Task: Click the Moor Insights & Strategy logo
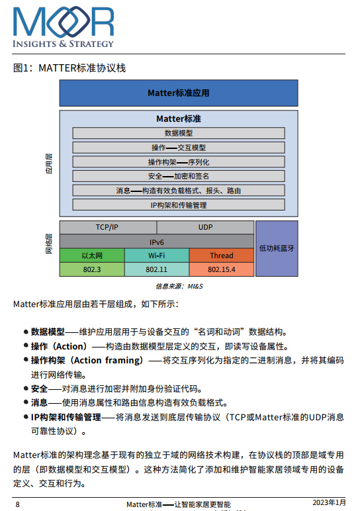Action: tap(64, 27)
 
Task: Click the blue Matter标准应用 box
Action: tap(179, 93)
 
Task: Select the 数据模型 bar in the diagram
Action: tap(179, 133)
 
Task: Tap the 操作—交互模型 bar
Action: tap(179, 148)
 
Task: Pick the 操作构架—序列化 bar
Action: tap(179, 162)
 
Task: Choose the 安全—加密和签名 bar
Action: tap(179, 176)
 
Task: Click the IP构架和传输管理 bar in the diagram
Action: tap(179, 205)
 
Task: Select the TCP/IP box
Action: tap(108, 227)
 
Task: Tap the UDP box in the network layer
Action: tap(205, 227)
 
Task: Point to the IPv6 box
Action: tap(157, 242)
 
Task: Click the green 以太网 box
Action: tap(92, 255)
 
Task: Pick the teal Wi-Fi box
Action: tap(157, 255)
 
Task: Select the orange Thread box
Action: tap(222, 255)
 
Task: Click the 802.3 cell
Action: tap(92, 269)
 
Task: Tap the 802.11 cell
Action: tap(157, 269)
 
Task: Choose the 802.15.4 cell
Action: tap(222, 269)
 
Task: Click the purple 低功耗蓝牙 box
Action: tap(277, 248)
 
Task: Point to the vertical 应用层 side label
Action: tap(48, 163)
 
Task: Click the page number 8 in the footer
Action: tap(18, 504)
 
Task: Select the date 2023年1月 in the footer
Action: tap(329, 502)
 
